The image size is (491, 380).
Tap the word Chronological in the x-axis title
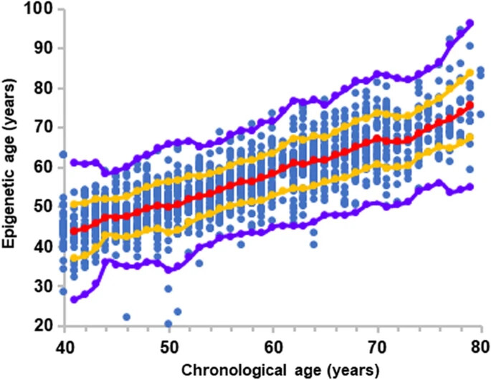(x=225, y=370)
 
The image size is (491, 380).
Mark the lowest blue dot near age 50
(x=168, y=323)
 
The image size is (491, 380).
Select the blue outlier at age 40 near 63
(x=63, y=154)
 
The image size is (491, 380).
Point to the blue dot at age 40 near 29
(x=63, y=291)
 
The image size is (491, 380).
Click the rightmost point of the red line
(x=470, y=104)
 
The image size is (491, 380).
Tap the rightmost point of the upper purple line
(x=470, y=23)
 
